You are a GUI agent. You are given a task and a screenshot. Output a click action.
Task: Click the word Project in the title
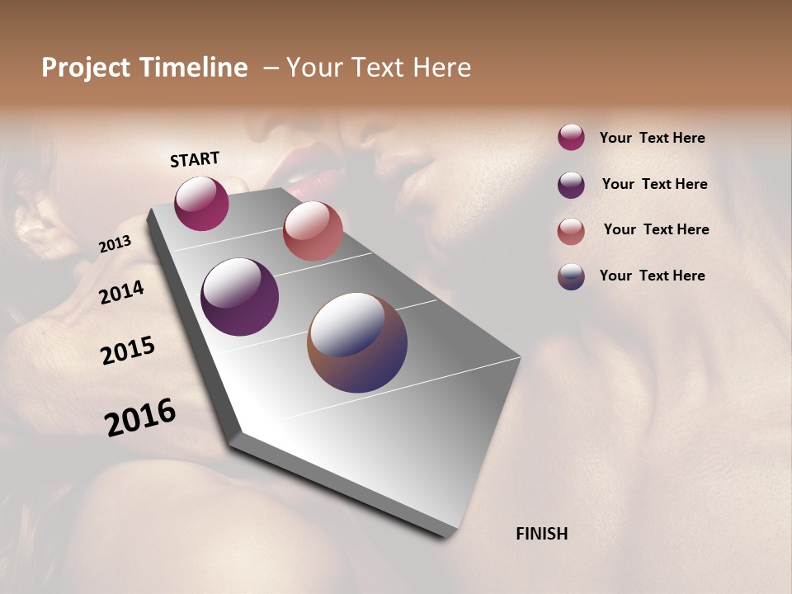click(x=86, y=68)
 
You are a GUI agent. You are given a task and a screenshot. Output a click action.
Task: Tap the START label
click(x=195, y=159)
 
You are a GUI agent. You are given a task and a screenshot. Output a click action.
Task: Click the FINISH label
click(x=542, y=534)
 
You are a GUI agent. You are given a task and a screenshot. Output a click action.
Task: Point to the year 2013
click(x=115, y=244)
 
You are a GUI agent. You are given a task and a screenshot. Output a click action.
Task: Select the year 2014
click(x=122, y=292)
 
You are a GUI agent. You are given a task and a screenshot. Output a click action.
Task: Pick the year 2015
click(x=128, y=351)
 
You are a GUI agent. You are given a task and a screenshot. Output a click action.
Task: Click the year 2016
click(x=140, y=417)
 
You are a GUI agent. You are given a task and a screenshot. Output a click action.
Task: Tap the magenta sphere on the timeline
click(x=201, y=203)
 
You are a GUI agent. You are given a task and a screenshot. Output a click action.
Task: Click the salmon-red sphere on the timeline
click(x=313, y=231)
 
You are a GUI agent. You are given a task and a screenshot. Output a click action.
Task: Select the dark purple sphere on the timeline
click(x=239, y=297)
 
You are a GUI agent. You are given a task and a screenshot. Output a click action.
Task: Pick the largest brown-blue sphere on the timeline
click(x=357, y=342)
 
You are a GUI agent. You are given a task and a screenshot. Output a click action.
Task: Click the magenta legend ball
click(x=571, y=137)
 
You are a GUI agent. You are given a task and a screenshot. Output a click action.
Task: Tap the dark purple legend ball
click(x=571, y=185)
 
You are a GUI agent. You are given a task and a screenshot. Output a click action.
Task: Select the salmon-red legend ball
click(x=571, y=231)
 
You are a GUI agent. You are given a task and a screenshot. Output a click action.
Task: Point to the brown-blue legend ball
click(x=571, y=276)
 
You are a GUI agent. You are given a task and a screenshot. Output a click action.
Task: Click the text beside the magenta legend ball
click(x=652, y=139)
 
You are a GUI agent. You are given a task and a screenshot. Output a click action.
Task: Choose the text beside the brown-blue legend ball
click(x=652, y=276)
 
